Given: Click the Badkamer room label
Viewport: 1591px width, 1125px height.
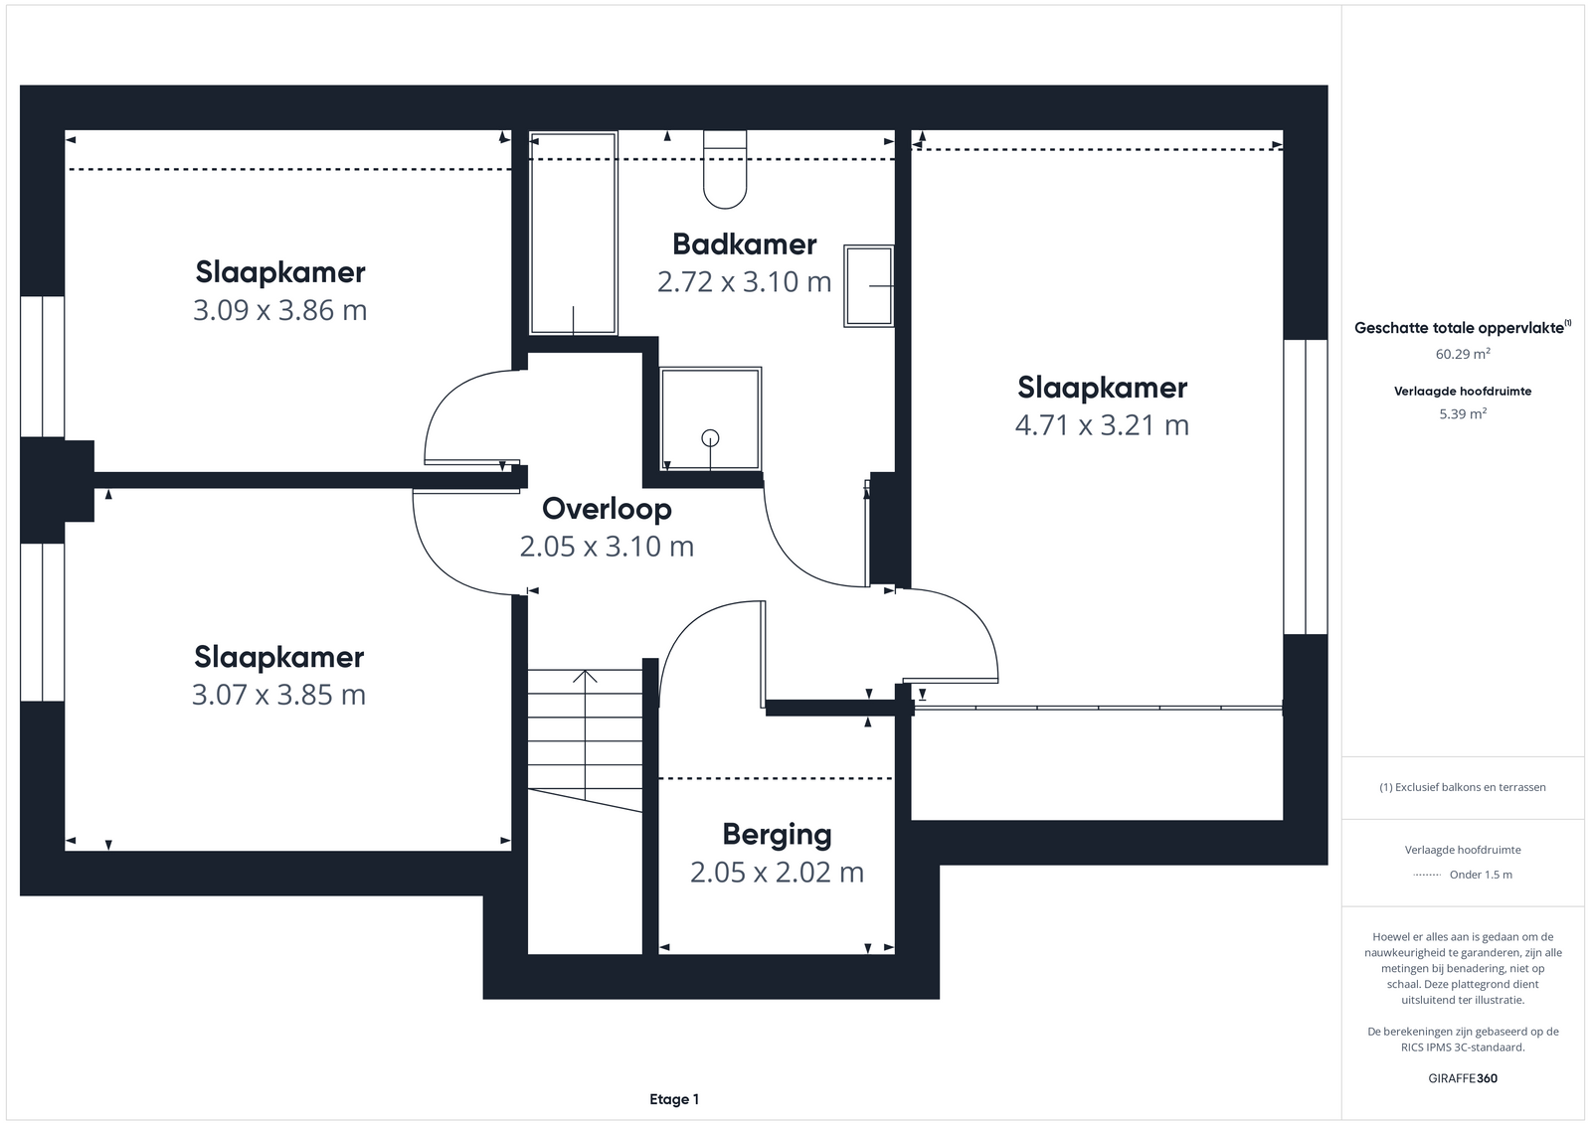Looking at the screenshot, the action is [x=745, y=244].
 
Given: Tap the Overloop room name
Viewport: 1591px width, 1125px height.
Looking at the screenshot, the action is [x=607, y=509].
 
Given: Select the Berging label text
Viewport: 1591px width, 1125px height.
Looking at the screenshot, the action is [x=777, y=835].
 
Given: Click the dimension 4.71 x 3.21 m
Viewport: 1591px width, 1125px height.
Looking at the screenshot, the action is [x=1102, y=425].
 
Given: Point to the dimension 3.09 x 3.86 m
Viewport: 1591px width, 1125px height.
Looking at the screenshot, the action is [x=279, y=310].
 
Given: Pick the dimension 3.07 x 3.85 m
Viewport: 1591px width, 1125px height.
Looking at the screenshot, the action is [x=278, y=694].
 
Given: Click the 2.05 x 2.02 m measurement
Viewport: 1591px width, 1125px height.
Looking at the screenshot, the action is [x=777, y=873].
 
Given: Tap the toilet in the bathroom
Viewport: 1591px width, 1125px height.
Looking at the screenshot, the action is [x=725, y=169].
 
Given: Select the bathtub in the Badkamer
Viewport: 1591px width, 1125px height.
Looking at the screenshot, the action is [x=573, y=233].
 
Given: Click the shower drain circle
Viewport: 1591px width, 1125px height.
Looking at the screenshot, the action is [x=710, y=438].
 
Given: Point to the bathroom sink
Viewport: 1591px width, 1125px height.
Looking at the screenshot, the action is [x=869, y=286].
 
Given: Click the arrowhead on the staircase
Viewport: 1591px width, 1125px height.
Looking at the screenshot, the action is [x=586, y=676].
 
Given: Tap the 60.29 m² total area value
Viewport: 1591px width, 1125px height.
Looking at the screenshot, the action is [x=1463, y=354].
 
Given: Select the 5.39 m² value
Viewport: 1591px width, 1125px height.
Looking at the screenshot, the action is [x=1463, y=413].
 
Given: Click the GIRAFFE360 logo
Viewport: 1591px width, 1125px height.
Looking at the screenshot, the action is [x=1463, y=1078].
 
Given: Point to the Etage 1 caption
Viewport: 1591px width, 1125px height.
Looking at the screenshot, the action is [x=674, y=1099].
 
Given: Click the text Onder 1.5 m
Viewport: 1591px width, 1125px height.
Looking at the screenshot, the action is [x=1481, y=875].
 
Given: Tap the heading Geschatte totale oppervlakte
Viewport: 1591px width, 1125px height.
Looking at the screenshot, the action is [x=1459, y=328].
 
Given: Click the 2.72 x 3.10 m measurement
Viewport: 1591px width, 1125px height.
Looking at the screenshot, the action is [x=745, y=282].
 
